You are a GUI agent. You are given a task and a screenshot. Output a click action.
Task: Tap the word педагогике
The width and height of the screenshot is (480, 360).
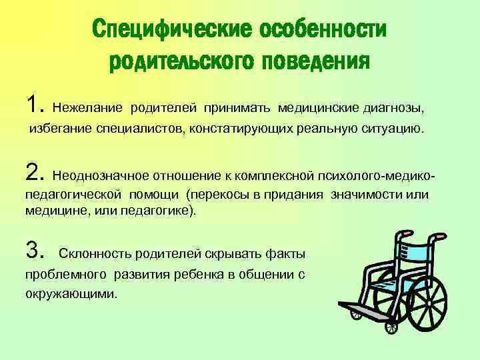pos(163,210)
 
